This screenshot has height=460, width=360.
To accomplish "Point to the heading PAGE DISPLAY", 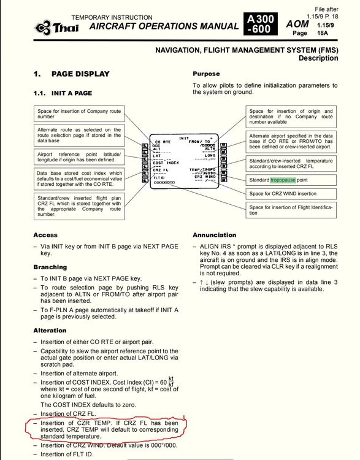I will (x=80, y=74).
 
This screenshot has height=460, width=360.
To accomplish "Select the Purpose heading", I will (x=206, y=74).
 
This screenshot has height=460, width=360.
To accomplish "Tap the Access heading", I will (x=45, y=235).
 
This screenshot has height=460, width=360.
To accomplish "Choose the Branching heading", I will (x=50, y=267).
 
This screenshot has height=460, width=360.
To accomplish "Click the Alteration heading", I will (x=50, y=330).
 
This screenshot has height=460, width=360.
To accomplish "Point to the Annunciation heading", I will (x=214, y=235).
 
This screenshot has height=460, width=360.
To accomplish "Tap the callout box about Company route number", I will (x=80, y=113).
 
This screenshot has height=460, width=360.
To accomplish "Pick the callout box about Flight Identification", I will (x=291, y=210).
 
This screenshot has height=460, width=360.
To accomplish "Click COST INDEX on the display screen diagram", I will (x=166, y=163).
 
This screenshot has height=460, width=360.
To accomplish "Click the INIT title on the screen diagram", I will (x=184, y=138).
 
